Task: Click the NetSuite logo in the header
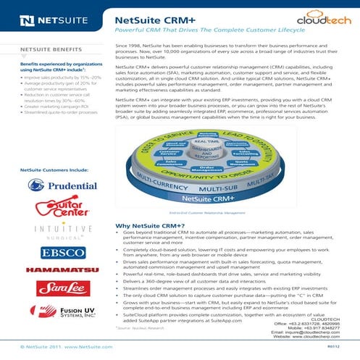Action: pyautogui.click(x=48, y=13)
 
